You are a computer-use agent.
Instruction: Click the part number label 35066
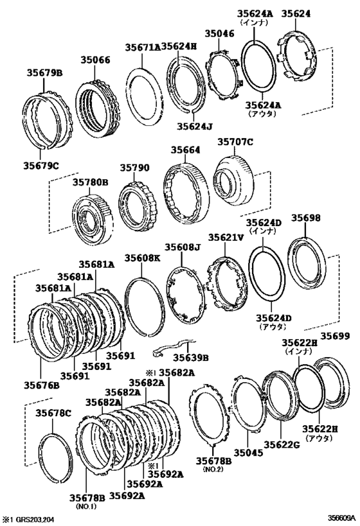[95, 60]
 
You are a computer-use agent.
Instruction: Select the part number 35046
[220, 33]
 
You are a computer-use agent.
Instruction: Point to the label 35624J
[195, 126]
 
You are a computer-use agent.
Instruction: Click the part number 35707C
[235, 142]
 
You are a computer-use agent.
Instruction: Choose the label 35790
[135, 168]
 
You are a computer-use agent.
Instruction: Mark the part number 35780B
[91, 182]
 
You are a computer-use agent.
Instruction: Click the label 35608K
[143, 258]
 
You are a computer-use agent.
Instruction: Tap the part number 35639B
[190, 358]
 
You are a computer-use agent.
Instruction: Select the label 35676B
[41, 385]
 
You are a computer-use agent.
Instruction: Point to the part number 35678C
[53, 413]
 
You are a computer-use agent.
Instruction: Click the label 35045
[249, 453]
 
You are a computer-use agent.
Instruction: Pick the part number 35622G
[282, 444]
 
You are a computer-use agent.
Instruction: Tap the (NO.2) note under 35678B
[213, 469]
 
